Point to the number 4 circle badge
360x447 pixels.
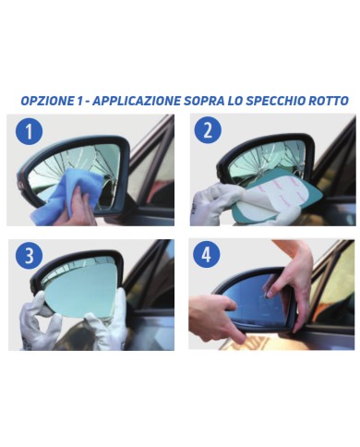tap(208, 255)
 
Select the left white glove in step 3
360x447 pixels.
tap(39, 323)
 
